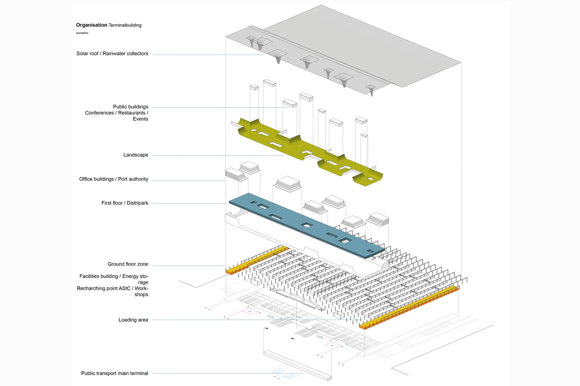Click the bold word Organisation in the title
coord(91,25)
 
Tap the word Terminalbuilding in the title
coord(125,25)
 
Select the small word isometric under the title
coord(82,33)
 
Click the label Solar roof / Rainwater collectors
coord(112,54)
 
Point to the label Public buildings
coord(130,107)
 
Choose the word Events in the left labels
coord(140,119)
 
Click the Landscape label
coord(136,155)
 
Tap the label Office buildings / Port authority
coord(113,179)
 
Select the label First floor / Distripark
coord(125,203)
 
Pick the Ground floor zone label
coord(128,264)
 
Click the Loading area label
coord(133,320)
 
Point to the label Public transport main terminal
coord(115,373)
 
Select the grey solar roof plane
coord(362,47)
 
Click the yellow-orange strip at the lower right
coord(410,308)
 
